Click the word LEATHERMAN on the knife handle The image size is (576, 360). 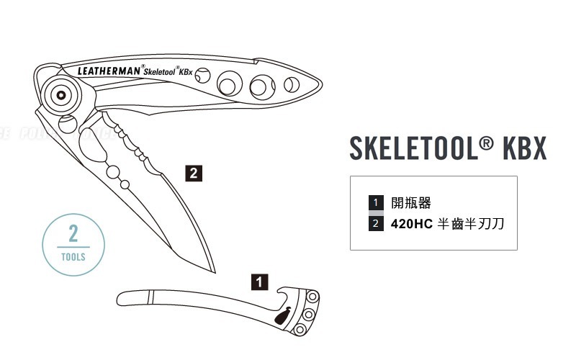click(108, 71)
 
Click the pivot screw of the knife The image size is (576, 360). click(61, 94)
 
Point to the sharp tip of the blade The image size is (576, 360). click(215, 272)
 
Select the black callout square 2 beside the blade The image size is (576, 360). click(192, 173)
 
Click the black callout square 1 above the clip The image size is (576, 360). click(259, 281)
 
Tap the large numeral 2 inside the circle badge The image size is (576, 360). click(73, 234)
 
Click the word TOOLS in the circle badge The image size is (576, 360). click(73, 256)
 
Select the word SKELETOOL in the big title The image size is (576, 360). click(413, 148)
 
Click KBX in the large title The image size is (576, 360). click(524, 148)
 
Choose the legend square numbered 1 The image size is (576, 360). click(375, 202)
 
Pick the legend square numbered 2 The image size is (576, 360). click(375, 223)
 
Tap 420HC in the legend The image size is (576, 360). click(411, 223)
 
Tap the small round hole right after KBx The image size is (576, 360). click(203, 75)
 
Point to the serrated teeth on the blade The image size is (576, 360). click(137, 148)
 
